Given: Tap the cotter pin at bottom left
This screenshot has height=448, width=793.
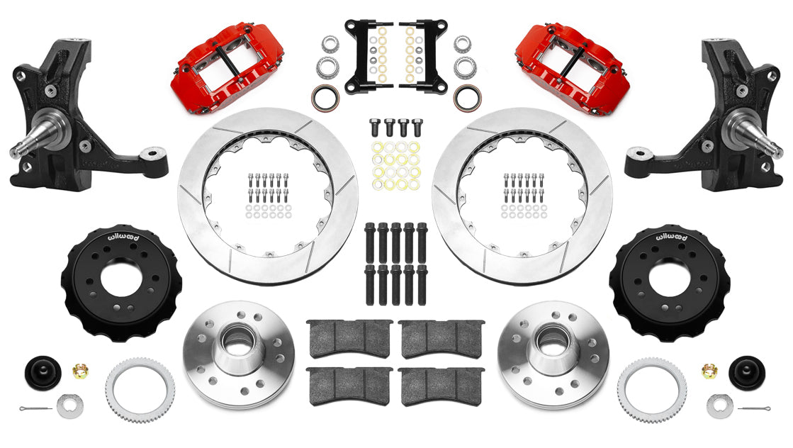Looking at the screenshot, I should (x=31, y=408).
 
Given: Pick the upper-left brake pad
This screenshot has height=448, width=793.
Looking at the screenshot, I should (x=349, y=337).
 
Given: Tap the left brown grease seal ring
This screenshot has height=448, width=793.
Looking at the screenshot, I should (x=325, y=99).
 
